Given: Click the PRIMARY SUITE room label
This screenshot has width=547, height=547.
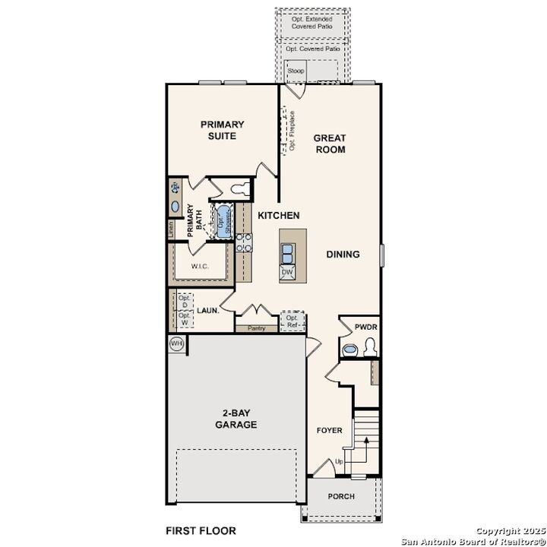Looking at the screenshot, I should click(223, 130).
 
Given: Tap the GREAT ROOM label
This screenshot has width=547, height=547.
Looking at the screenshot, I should click(330, 144).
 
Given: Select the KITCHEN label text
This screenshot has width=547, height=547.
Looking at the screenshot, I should click(278, 216).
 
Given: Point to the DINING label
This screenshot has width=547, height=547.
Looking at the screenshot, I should click(343, 255).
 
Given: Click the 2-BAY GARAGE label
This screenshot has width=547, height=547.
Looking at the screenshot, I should click(236, 419).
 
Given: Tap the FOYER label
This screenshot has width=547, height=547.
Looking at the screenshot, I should click(330, 431).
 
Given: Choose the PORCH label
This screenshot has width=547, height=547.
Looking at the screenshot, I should click(341, 496).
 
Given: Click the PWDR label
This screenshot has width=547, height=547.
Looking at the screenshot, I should click(365, 327).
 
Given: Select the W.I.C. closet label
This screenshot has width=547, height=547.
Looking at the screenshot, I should click(201, 267).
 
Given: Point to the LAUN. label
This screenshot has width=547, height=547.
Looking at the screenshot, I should click(208, 310).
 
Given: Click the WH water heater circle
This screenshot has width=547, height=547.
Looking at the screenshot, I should click(177, 343).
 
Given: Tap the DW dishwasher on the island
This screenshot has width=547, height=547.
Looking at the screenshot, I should click(288, 271).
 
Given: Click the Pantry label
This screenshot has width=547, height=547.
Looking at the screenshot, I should click(255, 328).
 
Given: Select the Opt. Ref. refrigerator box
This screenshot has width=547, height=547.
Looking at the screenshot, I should click(292, 321).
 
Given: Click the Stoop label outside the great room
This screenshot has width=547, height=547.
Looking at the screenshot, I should click(296, 71).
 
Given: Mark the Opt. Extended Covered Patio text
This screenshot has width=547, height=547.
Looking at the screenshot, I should click(311, 22).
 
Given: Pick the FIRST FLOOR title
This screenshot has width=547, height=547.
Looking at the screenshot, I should click(201, 530).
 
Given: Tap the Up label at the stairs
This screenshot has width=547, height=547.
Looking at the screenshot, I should click(339, 461).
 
